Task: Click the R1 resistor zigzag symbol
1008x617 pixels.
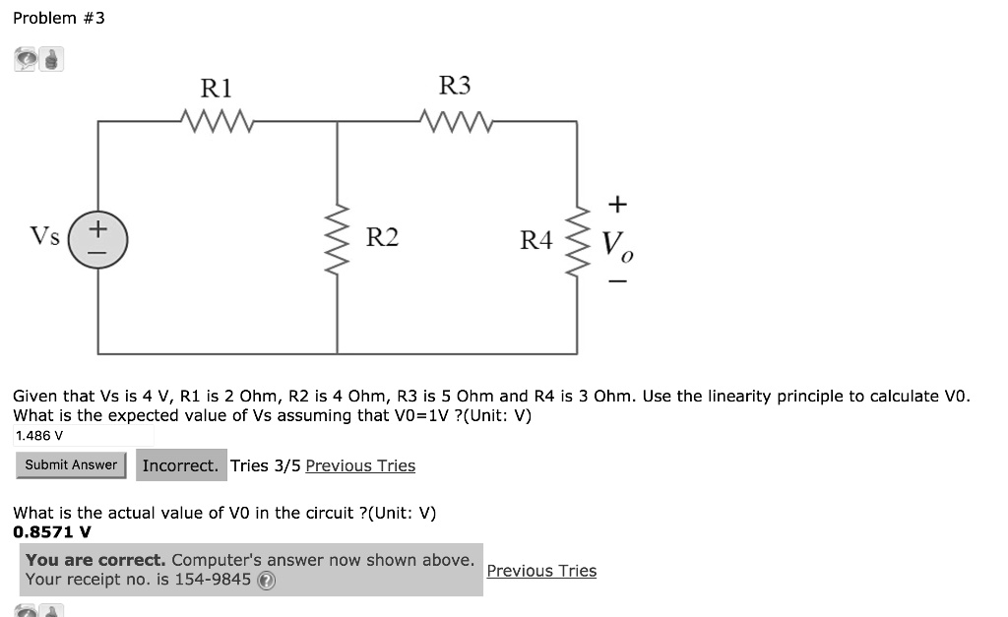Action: [219, 123]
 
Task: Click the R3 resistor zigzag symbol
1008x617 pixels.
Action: [455, 122]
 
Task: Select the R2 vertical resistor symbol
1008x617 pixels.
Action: [339, 239]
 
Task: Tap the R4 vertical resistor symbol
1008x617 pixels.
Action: [578, 238]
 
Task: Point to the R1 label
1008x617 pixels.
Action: [216, 89]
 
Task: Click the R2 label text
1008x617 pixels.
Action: [382, 237]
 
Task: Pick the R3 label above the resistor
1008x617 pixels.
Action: [454, 87]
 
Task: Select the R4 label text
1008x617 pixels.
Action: [536, 239]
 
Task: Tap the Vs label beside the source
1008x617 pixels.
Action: [44, 236]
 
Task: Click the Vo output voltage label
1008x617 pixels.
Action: [617, 243]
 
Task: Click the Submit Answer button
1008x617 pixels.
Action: [71, 465]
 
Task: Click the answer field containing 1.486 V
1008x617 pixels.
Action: [84, 435]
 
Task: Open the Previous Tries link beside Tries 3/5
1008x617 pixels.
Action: [360, 465]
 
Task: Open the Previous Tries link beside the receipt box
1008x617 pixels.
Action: [541, 571]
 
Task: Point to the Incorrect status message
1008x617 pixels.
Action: [180, 465]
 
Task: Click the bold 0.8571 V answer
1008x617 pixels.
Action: [52, 531]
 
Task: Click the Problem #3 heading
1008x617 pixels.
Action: [58, 19]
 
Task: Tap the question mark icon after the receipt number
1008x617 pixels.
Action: [266, 581]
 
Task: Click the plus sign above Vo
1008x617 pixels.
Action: [617, 204]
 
